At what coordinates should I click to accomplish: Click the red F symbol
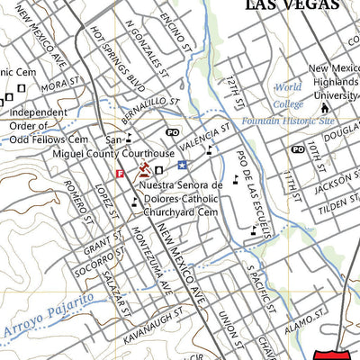(x=120, y=175)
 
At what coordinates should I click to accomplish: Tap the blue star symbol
(x=183, y=165)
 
